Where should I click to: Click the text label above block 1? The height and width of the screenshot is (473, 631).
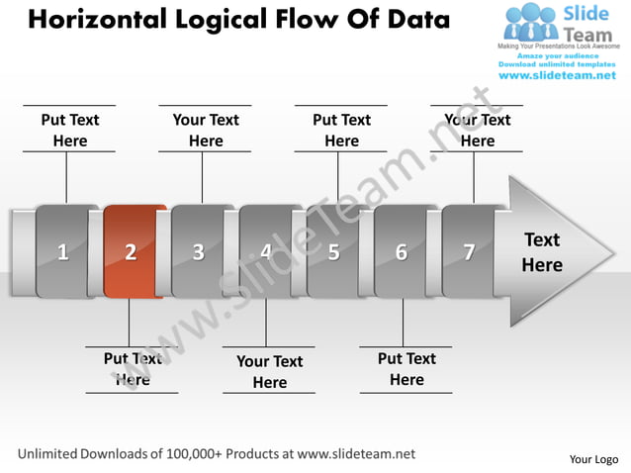(70, 131)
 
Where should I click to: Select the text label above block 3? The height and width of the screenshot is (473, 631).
(206, 131)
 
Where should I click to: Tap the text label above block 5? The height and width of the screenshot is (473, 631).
(341, 131)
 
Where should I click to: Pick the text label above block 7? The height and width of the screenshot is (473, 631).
(478, 131)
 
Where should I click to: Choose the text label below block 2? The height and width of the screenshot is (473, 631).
(133, 369)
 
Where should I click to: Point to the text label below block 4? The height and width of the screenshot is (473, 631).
(269, 372)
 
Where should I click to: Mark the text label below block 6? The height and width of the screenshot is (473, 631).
(406, 369)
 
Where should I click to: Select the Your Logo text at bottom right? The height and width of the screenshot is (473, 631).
(593, 459)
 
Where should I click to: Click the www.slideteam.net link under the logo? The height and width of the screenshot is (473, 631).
(557, 75)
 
